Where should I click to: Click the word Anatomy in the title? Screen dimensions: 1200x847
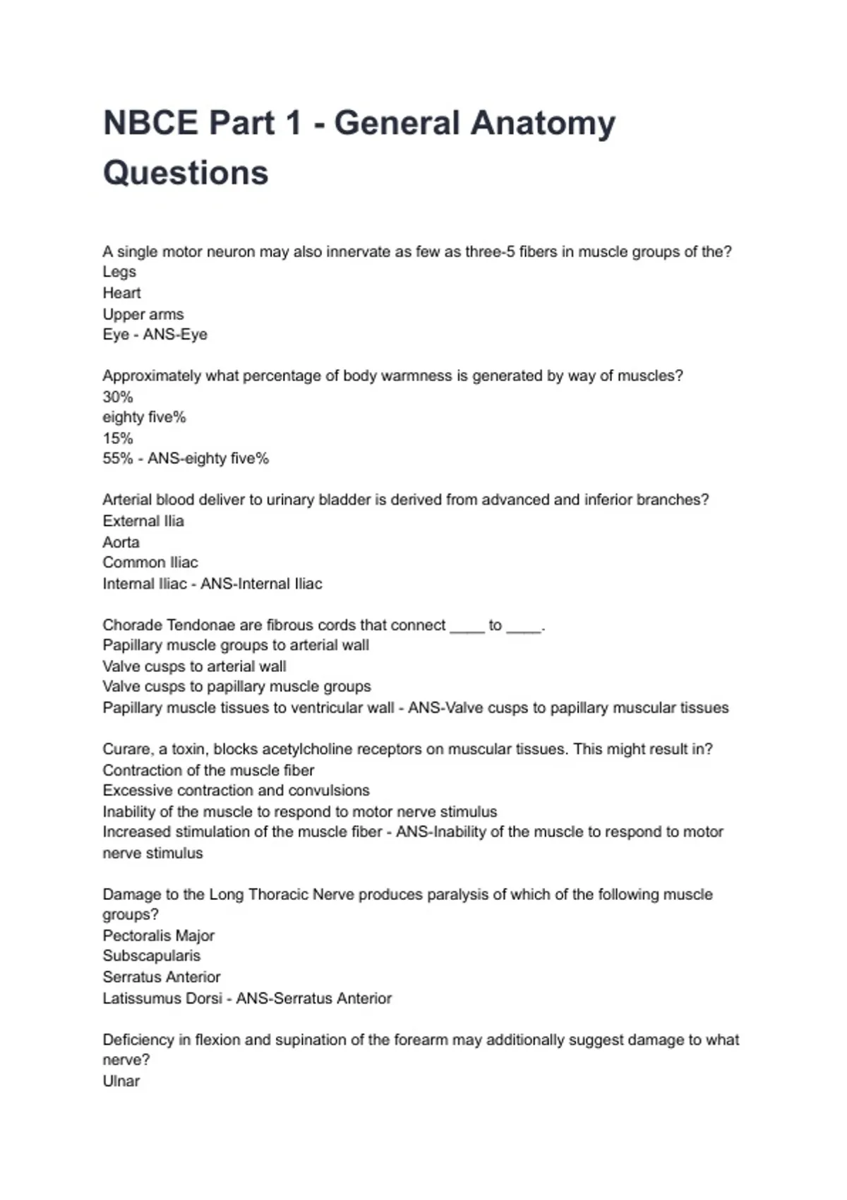pos(543,123)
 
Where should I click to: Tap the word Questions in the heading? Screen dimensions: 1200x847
pos(186,173)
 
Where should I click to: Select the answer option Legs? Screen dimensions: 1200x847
pos(119,272)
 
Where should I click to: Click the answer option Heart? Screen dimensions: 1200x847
pos(121,293)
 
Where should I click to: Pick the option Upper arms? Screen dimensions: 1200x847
pos(143,314)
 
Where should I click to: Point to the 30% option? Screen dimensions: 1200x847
pos(117,397)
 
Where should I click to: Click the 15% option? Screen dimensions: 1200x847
pos(117,438)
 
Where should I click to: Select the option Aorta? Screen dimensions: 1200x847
pos(121,542)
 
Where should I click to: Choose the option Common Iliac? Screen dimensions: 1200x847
pos(150,563)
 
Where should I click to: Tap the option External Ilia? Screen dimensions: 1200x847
pos(143,521)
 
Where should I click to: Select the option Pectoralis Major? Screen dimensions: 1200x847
pos(158,936)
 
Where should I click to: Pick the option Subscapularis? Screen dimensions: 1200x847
pos(151,956)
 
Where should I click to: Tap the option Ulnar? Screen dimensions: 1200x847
pos(121,1081)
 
